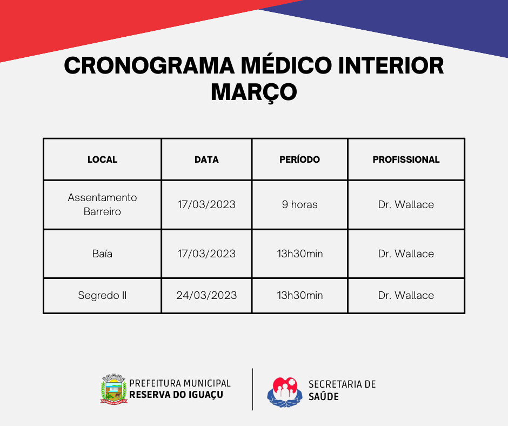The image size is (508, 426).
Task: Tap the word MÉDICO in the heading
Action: coord(286,66)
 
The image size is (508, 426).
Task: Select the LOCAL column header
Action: coord(102,159)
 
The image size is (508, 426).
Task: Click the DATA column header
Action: coord(206,159)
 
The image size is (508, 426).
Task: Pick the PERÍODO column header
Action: coord(300,159)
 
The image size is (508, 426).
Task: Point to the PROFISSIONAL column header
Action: coord(406,159)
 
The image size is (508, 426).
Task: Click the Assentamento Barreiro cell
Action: coord(102,204)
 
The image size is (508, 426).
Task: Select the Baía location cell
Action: coord(102,254)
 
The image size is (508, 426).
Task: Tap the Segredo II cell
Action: coord(102,295)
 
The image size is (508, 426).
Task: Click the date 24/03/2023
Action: coord(206,295)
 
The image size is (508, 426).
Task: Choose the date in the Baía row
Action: coord(206,254)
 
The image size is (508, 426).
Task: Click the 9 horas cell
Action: coord(300,204)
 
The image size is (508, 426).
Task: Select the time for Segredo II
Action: coord(300,295)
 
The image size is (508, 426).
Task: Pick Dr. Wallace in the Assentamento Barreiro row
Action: coord(406,204)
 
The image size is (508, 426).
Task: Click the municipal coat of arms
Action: coord(113,389)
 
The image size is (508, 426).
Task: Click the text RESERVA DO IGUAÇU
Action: coord(176,395)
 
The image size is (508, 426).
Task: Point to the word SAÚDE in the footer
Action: coord(323,396)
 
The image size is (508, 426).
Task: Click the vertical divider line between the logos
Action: coord(252,389)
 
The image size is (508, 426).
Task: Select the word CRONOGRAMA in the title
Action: coord(149,66)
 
